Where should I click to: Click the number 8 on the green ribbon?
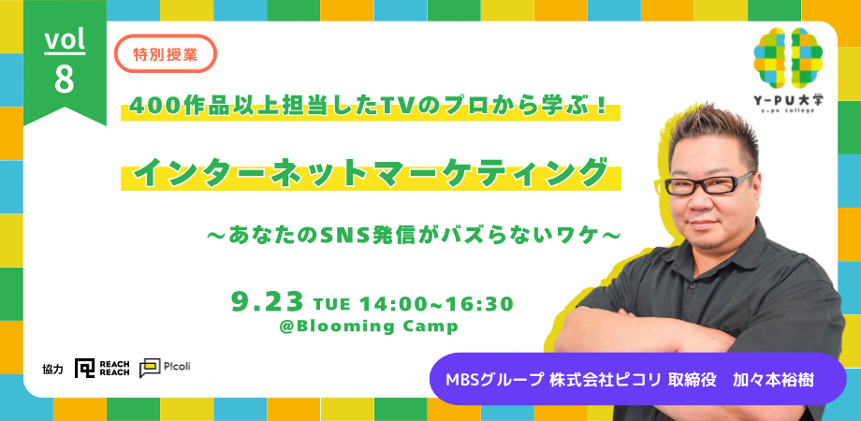click(65, 80)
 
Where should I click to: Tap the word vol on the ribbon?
click(65, 40)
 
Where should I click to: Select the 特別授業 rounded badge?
click(166, 53)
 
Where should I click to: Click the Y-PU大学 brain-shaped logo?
click(788, 58)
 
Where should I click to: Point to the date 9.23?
click(268, 302)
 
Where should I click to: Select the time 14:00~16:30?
click(436, 303)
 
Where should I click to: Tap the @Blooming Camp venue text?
click(368, 327)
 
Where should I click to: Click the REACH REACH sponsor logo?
click(102, 369)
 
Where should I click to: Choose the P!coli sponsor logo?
click(165, 368)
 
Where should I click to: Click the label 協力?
click(52, 370)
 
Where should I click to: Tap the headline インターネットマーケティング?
click(372, 173)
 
